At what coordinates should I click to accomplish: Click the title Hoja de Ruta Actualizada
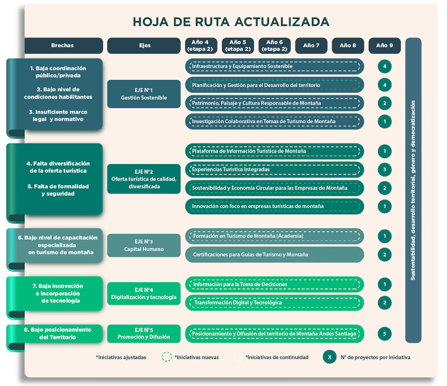click(x=231, y=22)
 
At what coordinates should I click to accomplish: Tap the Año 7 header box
click(x=311, y=46)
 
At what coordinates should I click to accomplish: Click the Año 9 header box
click(x=384, y=46)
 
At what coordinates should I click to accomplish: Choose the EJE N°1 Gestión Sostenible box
click(x=144, y=94)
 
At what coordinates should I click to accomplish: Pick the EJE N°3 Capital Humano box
click(x=144, y=245)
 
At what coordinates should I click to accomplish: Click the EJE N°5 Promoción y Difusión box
click(x=144, y=334)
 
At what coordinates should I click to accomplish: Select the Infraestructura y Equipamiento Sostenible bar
click(x=275, y=66)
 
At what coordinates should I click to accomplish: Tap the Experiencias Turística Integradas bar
click(x=275, y=169)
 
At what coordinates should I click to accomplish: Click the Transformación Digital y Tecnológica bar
click(x=275, y=303)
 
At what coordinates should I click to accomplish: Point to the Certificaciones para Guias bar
click(x=275, y=254)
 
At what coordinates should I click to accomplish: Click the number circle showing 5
click(x=385, y=334)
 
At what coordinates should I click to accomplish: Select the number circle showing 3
click(x=385, y=169)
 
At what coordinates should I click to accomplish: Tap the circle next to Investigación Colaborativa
click(x=385, y=122)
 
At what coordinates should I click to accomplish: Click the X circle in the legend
click(x=329, y=357)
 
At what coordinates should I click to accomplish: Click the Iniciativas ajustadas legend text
click(x=121, y=357)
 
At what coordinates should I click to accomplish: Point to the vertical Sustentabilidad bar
click(x=413, y=190)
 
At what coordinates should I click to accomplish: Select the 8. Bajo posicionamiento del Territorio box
click(x=57, y=334)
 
